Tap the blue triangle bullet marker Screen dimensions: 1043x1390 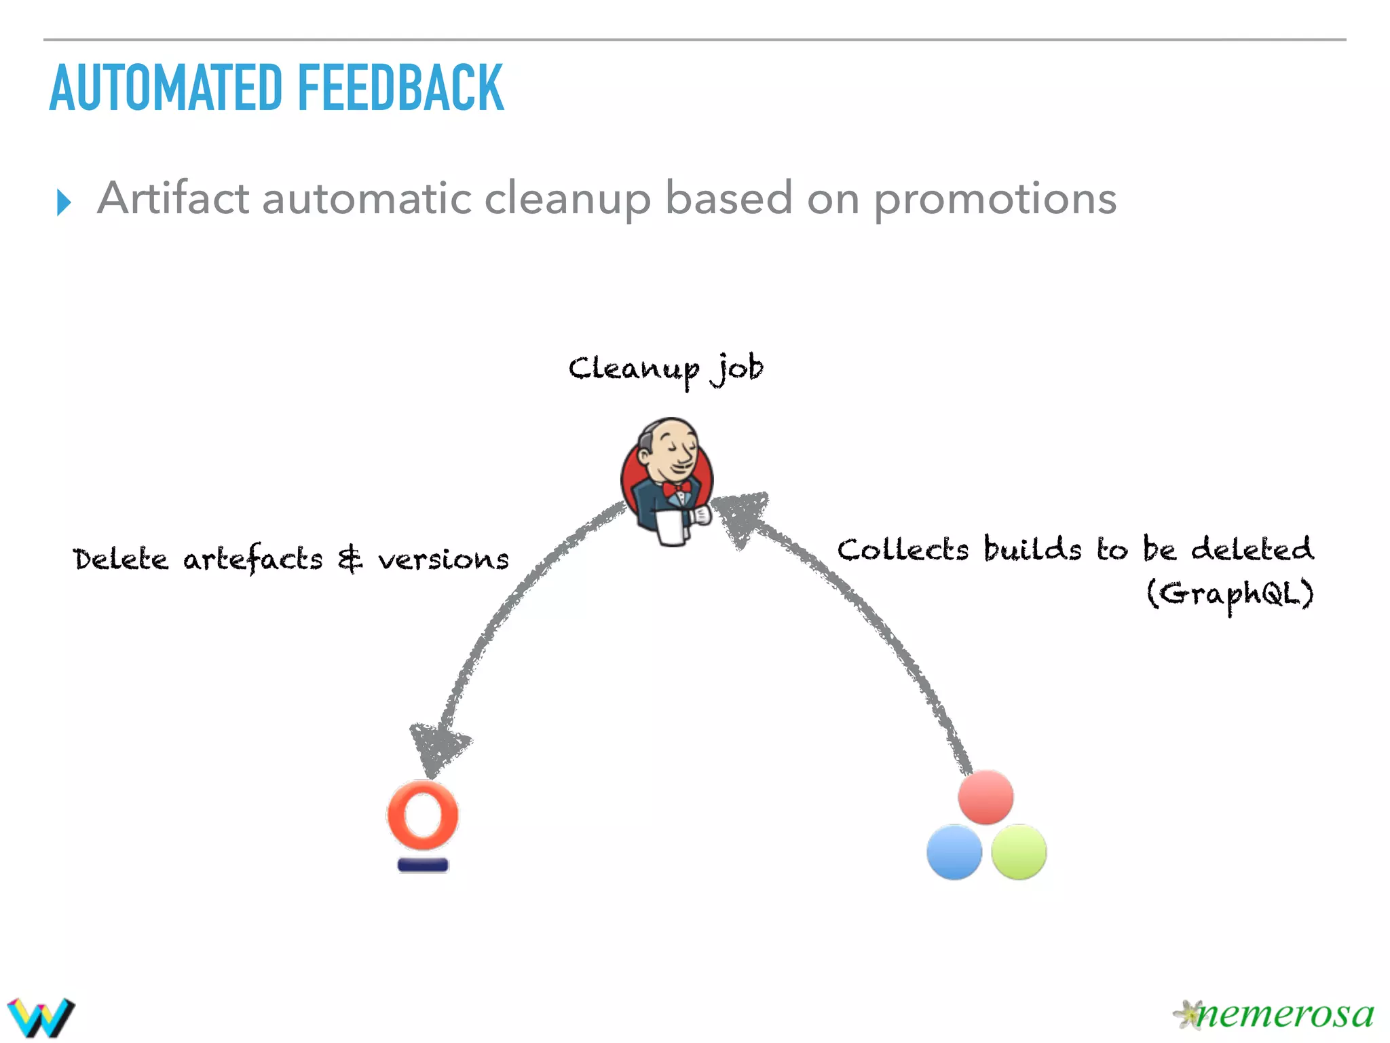pos(64,202)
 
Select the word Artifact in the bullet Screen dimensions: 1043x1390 pos(173,198)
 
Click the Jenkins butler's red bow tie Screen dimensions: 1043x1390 pos(677,488)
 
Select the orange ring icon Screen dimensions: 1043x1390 pos(423,815)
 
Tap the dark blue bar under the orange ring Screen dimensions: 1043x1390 pos(423,865)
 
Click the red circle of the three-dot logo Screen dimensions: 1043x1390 pos(985,797)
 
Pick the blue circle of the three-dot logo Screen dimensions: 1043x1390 pos(954,852)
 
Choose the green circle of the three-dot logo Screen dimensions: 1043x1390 pos(1019,852)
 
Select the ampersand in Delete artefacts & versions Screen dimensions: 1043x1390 pos(350,560)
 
